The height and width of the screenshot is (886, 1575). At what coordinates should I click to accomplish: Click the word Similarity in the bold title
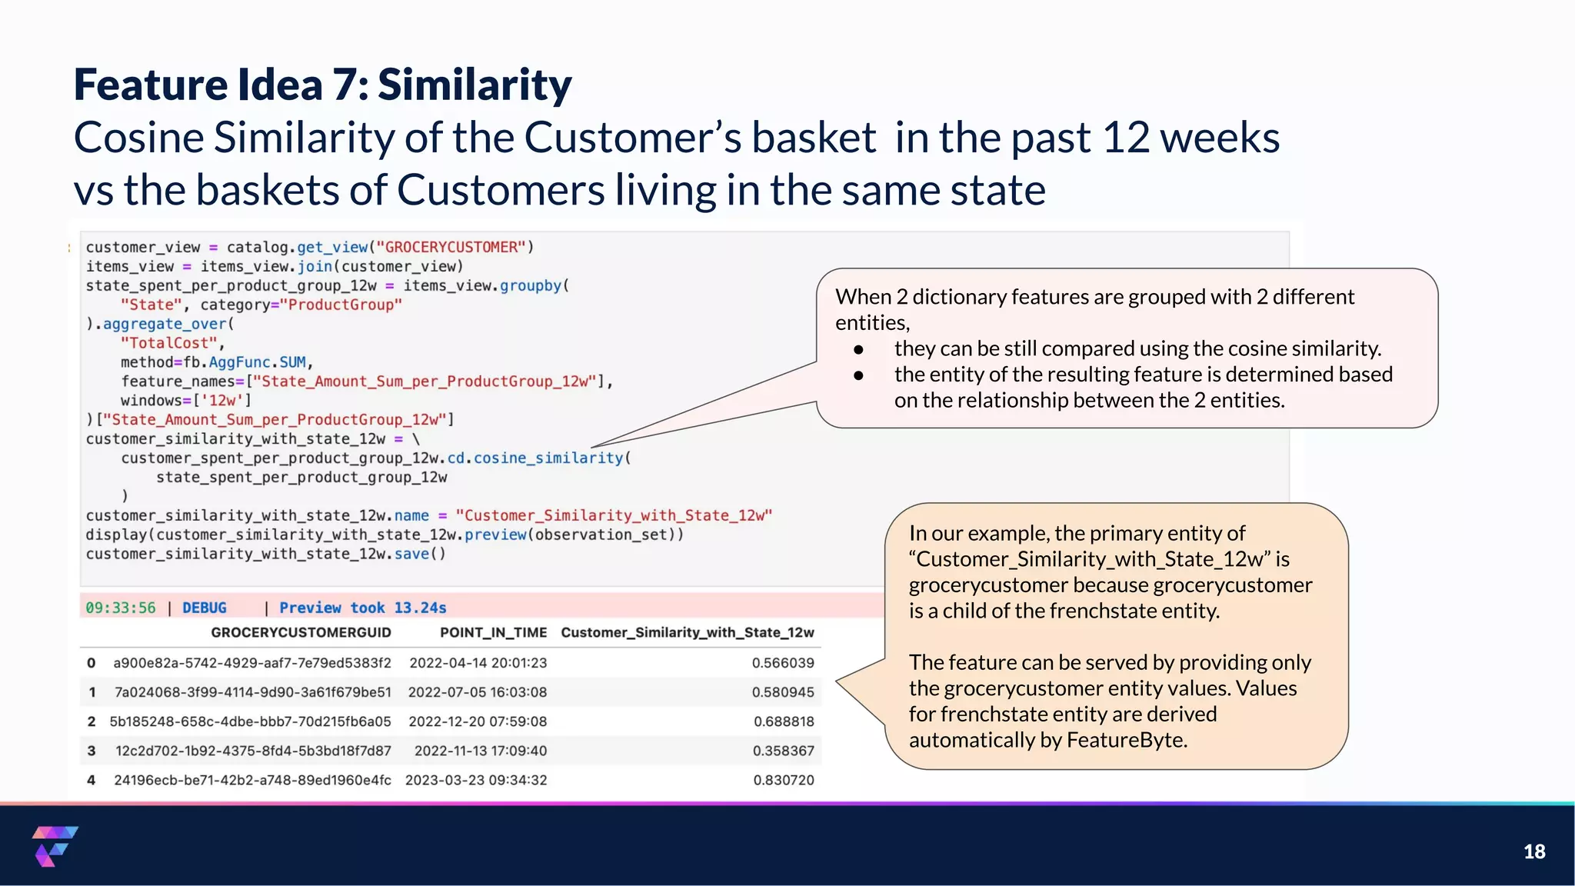click(474, 85)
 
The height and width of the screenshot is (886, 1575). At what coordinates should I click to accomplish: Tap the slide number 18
click(1533, 851)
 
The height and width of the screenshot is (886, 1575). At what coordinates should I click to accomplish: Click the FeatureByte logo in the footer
click(55, 846)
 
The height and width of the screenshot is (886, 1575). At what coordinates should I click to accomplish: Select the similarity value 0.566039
click(782, 663)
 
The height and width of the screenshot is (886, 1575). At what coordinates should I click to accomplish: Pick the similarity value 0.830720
click(783, 780)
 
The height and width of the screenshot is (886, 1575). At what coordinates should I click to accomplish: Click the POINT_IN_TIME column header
click(493, 632)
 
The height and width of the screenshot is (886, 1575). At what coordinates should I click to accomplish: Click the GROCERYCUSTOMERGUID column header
click(301, 632)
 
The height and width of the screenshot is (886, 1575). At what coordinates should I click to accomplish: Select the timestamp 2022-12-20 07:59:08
click(478, 721)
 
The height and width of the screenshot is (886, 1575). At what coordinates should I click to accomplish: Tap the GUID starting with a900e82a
click(251, 663)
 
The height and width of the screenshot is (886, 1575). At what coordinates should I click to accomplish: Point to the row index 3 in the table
click(92, 751)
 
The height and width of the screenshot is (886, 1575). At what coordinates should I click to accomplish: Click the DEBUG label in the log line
click(204, 608)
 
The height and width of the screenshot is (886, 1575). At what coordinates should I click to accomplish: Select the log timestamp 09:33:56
click(120, 608)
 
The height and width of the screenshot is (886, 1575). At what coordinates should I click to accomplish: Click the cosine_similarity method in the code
click(548, 458)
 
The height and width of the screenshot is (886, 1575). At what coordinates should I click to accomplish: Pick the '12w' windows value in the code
click(222, 400)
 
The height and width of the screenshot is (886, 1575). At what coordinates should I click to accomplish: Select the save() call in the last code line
click(419, 554)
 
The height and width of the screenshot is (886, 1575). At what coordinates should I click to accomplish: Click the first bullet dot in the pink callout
click(858, 349)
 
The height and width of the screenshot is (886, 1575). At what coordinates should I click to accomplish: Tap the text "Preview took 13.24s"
click(362, 608)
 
